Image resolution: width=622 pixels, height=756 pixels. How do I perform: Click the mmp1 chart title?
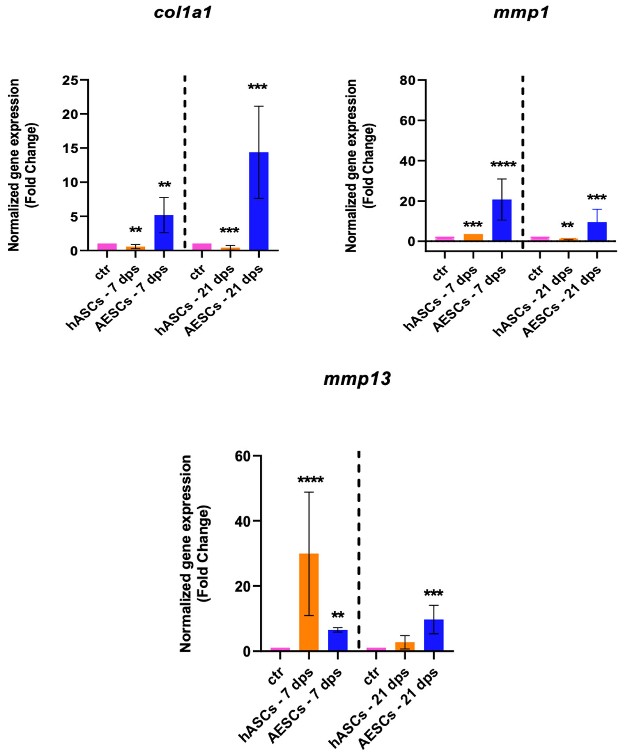521,13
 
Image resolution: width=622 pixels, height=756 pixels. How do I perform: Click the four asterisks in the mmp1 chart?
503,165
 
